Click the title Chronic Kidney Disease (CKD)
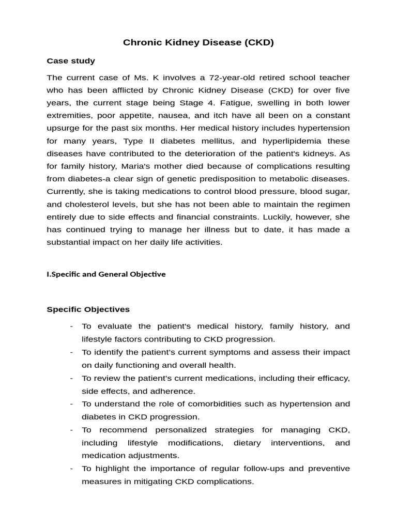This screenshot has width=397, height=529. [x=198, y=42]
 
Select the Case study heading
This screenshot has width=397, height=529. [x=71, y=61]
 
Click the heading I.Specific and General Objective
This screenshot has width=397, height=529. [x=106, y=274]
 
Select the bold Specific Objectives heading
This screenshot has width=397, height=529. [x=88, y=309]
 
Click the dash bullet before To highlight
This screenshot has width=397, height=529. [x=71, y=469]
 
